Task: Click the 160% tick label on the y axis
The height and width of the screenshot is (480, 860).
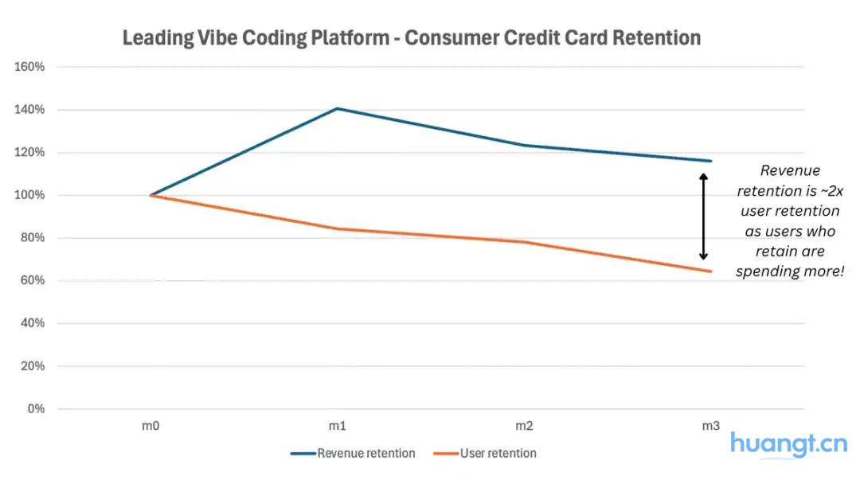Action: [x=30, y=67]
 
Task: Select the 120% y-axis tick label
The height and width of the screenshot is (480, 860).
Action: [x=30, y=152]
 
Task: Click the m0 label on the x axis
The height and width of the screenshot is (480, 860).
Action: [x=150, y=427]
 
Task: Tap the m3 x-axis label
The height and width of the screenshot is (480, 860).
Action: [x=710, y=427]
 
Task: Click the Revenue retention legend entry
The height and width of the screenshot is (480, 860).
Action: [x=365, y=454]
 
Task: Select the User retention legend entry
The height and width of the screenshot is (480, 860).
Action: [x=498, y=454]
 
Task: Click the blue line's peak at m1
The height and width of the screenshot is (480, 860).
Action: [x=337, y=108]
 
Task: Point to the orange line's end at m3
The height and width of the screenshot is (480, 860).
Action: [x=710, y=271]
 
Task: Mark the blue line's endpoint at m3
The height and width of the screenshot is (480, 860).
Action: [x=710, y=161]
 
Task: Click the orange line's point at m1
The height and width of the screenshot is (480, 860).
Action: [x=337, y=229]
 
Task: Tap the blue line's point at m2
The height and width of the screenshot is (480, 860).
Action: [x=523, y=146]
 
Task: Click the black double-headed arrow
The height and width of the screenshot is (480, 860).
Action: [x=703, y=217]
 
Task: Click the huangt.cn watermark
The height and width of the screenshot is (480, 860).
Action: [x=788, y=443]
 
